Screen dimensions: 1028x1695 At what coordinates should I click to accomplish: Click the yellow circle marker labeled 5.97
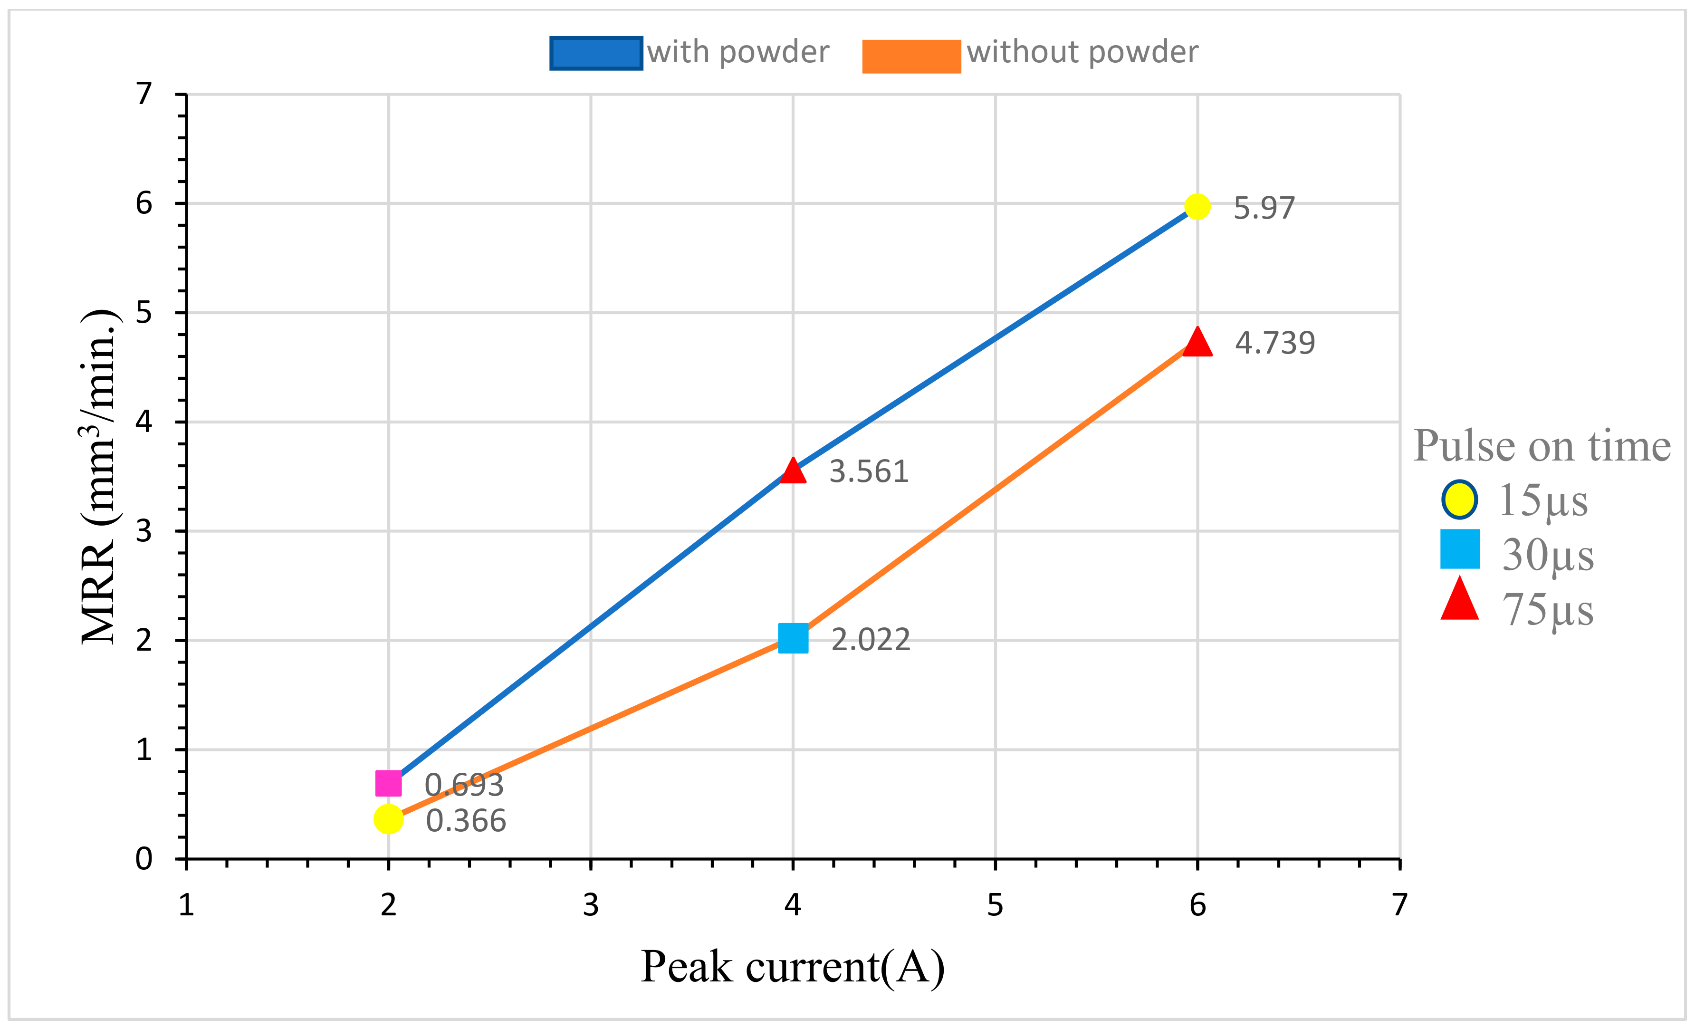coord(1197,206)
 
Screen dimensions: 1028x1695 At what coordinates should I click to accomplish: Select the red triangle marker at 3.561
coord(793,472)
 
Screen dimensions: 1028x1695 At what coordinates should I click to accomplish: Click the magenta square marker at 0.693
coord(389,783)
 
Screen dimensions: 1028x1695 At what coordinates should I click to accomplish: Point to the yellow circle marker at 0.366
coord(389,819)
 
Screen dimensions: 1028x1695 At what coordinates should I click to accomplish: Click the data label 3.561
coord(869,472)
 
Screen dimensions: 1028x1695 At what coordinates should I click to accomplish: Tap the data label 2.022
coord(870,640)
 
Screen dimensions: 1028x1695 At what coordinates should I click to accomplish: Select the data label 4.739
coord(1274,343)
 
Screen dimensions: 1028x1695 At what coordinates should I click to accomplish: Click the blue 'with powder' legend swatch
coord(596,53)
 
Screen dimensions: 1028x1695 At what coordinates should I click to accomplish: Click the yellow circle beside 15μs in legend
coord(1459,500)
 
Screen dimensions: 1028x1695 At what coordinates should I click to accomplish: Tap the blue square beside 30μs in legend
coord(1460,549)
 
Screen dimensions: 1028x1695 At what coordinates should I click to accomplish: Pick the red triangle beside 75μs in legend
coord(1460,601)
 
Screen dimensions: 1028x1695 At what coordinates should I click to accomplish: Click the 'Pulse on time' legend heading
coord(1542,446)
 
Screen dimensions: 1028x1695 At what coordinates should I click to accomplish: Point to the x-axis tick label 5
coord(995,905)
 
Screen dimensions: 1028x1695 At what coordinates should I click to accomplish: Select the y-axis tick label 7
coord(144,94)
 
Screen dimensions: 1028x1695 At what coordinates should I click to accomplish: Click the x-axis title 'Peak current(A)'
coord(793,967)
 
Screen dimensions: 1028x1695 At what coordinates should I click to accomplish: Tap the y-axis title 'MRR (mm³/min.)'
coord(100,476)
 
